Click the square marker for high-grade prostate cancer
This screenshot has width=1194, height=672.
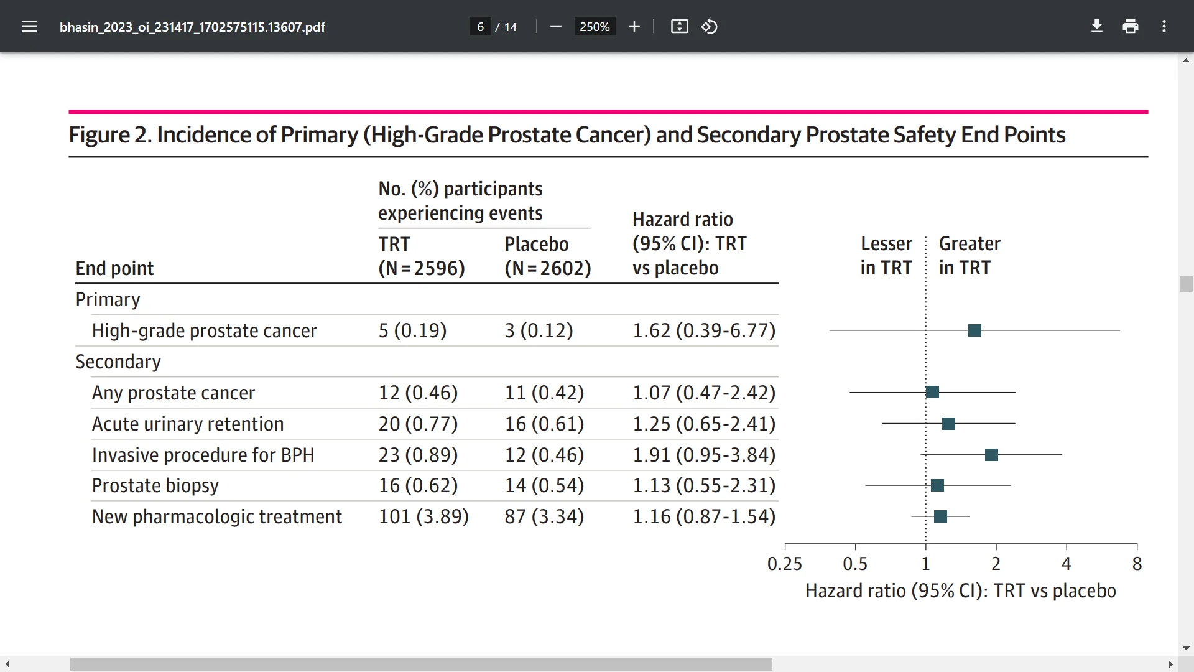point(974,330)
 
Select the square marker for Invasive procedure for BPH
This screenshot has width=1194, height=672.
point(991,455)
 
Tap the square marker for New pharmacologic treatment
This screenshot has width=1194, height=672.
point(940,516)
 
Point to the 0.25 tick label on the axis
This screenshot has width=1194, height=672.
point(784,564)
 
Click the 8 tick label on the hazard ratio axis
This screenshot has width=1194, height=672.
point(1137,564)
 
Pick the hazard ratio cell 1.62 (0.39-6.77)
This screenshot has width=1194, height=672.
point(704,330)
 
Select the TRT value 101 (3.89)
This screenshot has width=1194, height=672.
point(423,516)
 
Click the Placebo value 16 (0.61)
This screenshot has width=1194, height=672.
point(544,424)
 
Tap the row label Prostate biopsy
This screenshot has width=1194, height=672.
point(155,485)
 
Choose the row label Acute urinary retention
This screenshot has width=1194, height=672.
point(188,424)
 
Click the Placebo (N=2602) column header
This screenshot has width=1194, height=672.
point(547,256)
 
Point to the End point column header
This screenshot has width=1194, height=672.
point(114,268)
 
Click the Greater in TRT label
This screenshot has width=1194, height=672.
point(969,255)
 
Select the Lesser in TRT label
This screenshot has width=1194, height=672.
point(886,255)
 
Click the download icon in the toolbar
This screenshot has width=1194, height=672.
point(1097,26)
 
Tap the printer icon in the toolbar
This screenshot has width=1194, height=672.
point(1131,26)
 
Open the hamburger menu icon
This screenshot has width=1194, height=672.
point(30,26)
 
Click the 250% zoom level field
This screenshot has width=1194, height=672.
point(595,27)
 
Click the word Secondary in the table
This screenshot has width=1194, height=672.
point(118,362)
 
